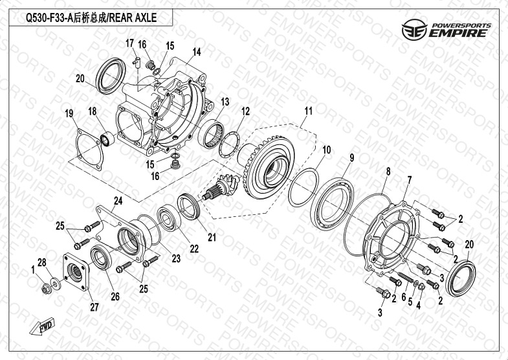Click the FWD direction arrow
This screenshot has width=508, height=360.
[43, 326]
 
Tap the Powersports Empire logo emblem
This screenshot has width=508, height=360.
[414, 30]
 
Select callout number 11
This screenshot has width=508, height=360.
[309, 111]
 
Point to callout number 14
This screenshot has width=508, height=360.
[197, 52]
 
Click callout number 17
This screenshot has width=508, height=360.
[129, 43]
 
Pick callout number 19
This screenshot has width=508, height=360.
[69, 113]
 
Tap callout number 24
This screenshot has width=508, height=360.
[118, 201]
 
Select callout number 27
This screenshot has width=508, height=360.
[94, 307]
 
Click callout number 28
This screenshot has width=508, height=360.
[42, 262]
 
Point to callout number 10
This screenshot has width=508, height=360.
[327, 150]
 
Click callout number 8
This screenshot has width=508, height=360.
[388, 171]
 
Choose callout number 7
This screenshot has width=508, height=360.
[410, 180]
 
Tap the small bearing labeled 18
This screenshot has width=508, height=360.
[107, 139]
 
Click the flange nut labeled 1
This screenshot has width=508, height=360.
[47, 288]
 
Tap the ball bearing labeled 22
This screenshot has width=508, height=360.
[168, 217]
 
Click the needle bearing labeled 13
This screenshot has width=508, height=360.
[210, 134]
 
